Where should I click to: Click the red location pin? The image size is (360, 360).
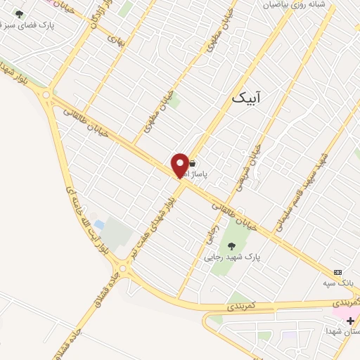point(180,165)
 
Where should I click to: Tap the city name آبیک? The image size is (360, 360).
point(245,97)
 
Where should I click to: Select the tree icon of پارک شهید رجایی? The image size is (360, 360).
point(231,246)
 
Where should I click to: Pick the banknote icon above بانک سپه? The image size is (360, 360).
point(338,272)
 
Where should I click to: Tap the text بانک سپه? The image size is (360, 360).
point(337,283)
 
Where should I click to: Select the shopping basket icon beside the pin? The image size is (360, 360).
point(192,162)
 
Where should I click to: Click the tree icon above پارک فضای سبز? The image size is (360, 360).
point(19,14)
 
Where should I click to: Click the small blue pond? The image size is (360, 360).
point(99,225)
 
